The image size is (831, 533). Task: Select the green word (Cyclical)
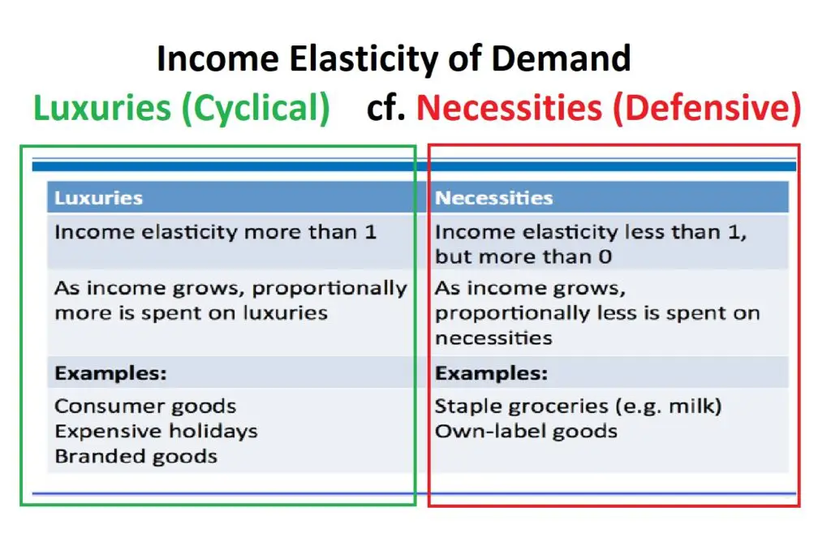pyautogui.click(x=256, y=108)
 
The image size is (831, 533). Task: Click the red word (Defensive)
pyautogui.click(x=707, y=108)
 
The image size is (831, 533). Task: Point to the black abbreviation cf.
pyautogui.click(x=385, y=108)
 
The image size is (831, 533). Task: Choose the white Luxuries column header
pyautogui.click(x=98, y=198)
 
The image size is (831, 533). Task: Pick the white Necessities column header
pyautogui.click(x=494, y=198)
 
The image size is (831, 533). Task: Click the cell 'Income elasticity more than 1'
pyautogui.click(x=215, y=232)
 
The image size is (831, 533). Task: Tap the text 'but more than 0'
pyautogui.click(x=523, y=257)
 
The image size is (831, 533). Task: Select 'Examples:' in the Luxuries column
pyautogui.click(x=110, y=373)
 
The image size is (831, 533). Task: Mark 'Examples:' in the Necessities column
pyautogui.click(x=491, y=373)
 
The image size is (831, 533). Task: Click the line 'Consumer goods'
pyautogui.click(x=145, y=406)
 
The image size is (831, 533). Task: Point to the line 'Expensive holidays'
pyautogui.click(x=156, y=432)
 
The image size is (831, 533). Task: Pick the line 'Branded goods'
pyautogui.click(x=136, y=457)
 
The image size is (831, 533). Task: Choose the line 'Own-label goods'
pyautogui.click(x=526, y=432)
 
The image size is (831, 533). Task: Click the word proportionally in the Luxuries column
pyautogui.click(x=329, y=290)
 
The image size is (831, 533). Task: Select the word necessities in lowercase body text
pyautogui.click(x=493, y=338)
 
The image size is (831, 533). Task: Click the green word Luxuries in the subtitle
pyautogui.click(x=102, y=108)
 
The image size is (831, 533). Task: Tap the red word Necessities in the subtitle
pyautogui.click(x=510, y=108)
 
